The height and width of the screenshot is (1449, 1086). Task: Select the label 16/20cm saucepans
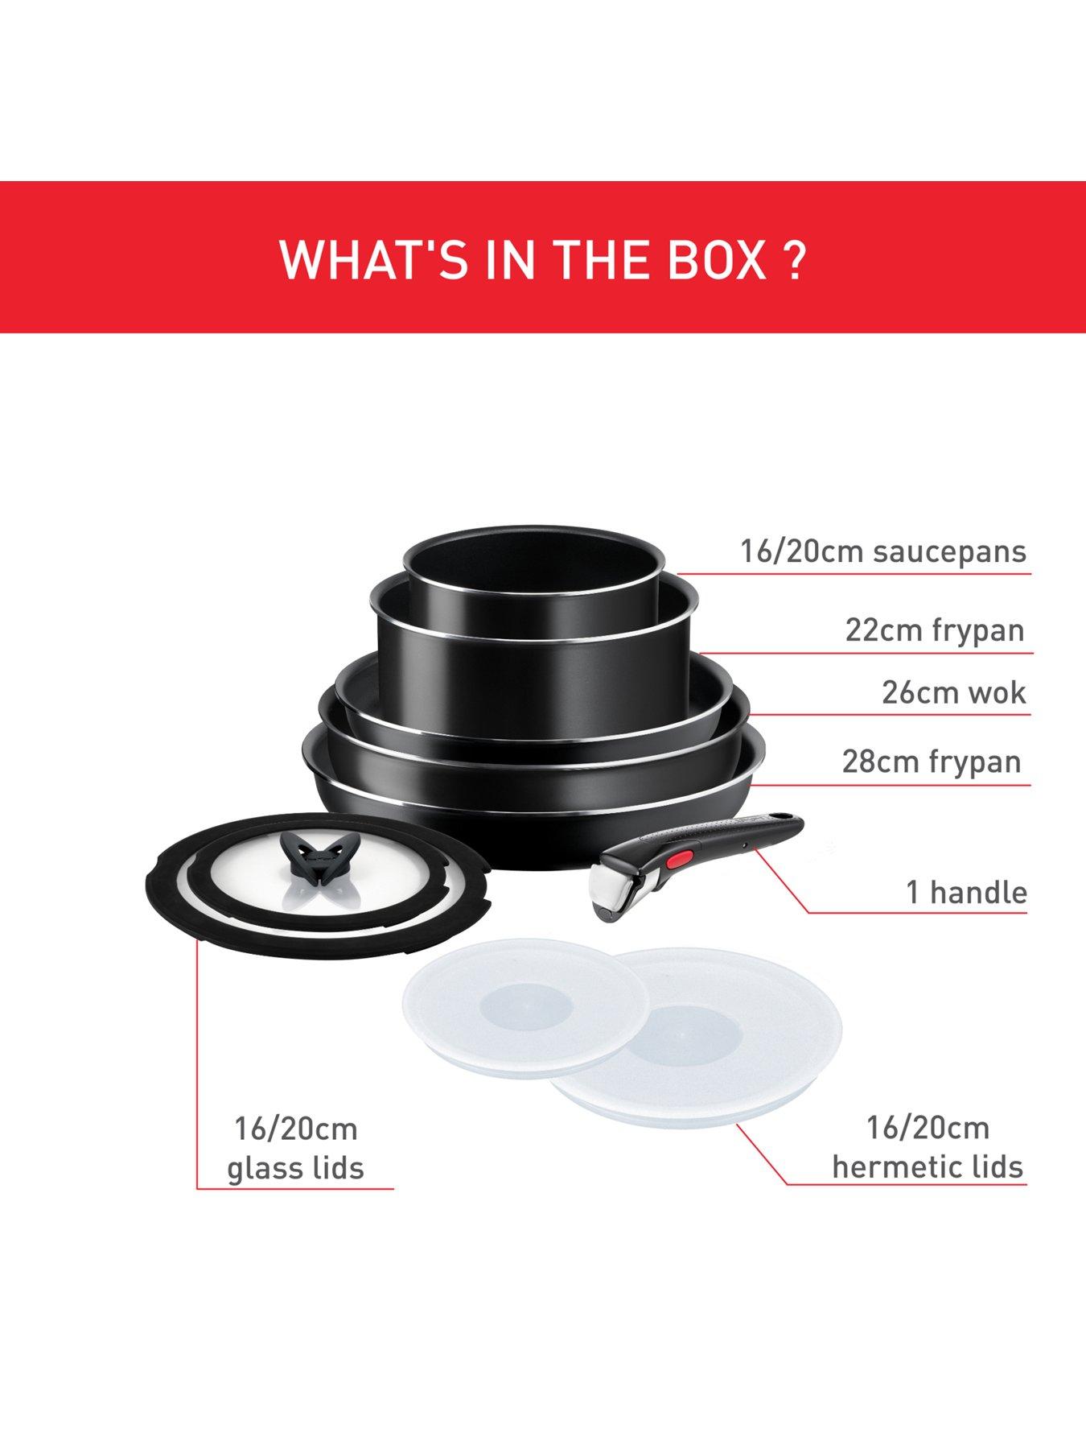(x=883, y=552)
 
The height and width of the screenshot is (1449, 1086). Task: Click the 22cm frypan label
(x=934, y=630)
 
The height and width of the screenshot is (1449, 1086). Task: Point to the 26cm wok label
(x=953, y=692)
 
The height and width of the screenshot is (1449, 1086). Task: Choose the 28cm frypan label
(x=932, y=761)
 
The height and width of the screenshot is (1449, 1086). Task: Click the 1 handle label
(x=966, y=892)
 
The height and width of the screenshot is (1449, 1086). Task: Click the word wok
(x=998, y=692)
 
